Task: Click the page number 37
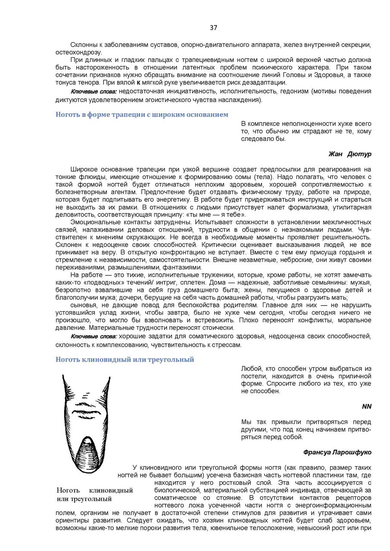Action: pos(213,28)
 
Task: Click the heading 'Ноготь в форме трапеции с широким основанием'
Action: pos(142,115)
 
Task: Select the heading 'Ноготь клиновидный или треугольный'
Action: pos(125,359)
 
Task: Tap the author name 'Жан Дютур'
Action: pos(349,154)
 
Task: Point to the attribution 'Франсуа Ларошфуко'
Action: pos(337,452)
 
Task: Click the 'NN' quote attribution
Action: pos(366,406)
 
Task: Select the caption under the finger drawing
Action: pos(95,495)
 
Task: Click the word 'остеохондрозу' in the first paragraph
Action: pos(76,53)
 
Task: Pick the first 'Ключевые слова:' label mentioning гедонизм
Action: pos(94,92)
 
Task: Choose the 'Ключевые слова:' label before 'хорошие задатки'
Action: pos(94,336)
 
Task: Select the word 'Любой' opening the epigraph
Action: pos(250,369)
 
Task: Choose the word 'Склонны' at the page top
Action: pos(82,45)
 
